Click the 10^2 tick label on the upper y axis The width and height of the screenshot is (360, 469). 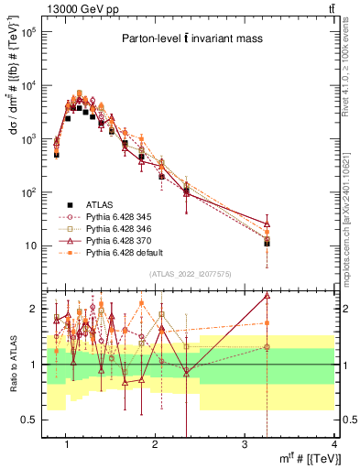[37, 192]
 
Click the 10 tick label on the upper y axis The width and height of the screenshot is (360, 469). [38, 245]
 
